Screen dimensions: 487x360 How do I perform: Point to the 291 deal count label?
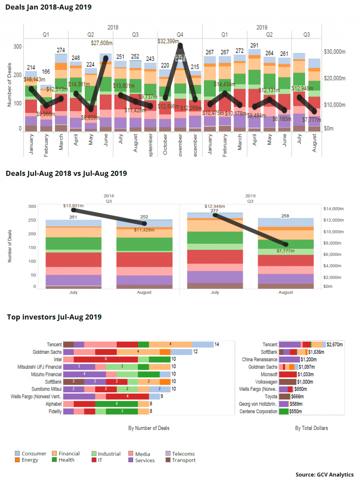click(255, 45)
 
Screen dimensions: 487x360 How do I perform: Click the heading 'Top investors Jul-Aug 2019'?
click(54, 317)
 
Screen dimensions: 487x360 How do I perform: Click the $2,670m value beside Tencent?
click(335, 345)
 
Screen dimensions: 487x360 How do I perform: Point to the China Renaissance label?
click(261, 359)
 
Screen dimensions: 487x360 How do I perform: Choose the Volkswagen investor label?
click(266, 382)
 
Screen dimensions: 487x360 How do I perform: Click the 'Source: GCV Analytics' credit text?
click(324, 475)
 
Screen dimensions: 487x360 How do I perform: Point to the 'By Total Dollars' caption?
click(311, 428)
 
